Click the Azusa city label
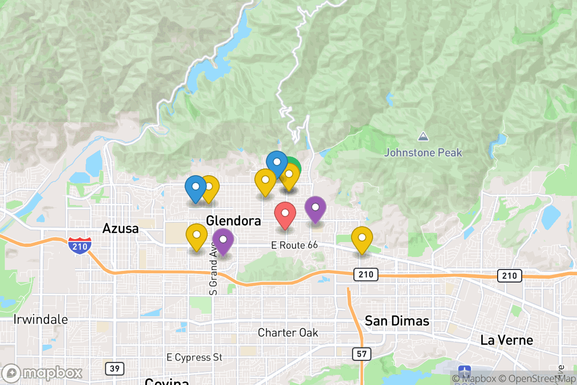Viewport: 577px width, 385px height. [120, 229]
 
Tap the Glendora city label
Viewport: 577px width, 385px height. [233, 221]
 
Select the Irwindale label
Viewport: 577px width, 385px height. [41, 319]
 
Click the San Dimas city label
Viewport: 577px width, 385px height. [397, 321]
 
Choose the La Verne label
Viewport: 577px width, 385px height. [507, 340]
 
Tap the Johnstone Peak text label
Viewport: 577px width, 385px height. [423, 153]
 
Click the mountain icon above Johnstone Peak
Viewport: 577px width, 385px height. [423, 137]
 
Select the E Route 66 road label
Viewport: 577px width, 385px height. [294, 245]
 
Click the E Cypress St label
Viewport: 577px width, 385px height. [194, 358]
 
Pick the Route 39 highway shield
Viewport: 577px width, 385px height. [114, 369]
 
